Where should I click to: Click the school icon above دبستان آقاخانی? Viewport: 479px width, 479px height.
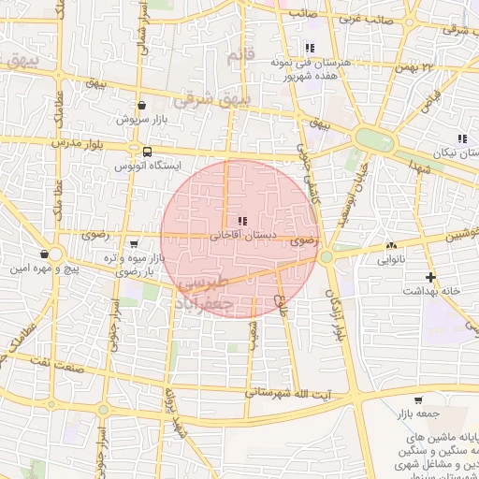point(230,221)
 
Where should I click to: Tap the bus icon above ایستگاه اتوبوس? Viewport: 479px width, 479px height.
point(147,151)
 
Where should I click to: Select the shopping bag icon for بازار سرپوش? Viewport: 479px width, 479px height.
point(141,106)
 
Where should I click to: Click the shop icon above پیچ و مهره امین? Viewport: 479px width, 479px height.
point(45,254)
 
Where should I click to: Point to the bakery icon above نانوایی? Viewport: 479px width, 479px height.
point(390,246)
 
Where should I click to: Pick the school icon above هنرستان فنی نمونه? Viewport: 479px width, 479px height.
point(309,49)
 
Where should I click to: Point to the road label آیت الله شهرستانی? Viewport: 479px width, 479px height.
point(288,393)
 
